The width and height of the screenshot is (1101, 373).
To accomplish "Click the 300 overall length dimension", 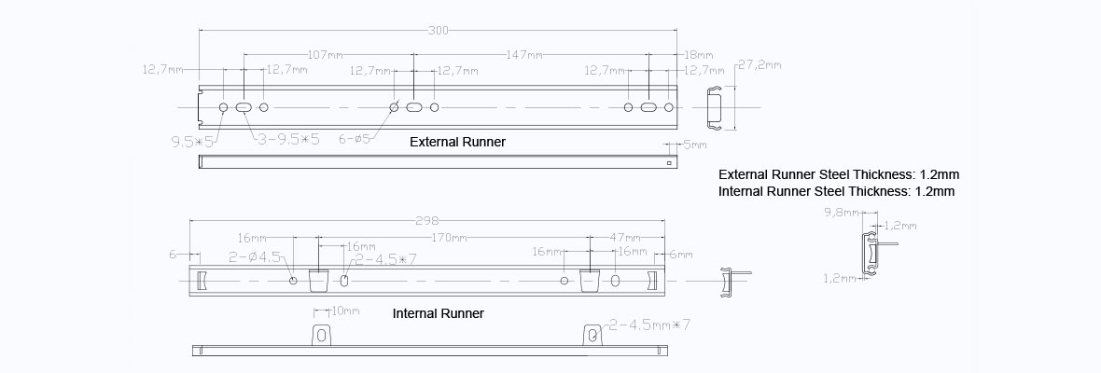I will coord(439,31).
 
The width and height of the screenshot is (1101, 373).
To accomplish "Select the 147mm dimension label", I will coord(523,54).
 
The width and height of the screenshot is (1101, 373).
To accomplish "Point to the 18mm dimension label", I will coord(698,54).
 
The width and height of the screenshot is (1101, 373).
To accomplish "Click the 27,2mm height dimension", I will coord(760,64).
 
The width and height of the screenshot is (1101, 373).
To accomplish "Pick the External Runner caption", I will coord(458,143).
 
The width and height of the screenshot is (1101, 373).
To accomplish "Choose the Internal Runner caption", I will coord(439,313).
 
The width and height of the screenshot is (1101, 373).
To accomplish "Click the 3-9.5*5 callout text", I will coord(288,140).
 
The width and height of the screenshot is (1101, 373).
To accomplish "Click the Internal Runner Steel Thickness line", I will coord(837,191).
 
